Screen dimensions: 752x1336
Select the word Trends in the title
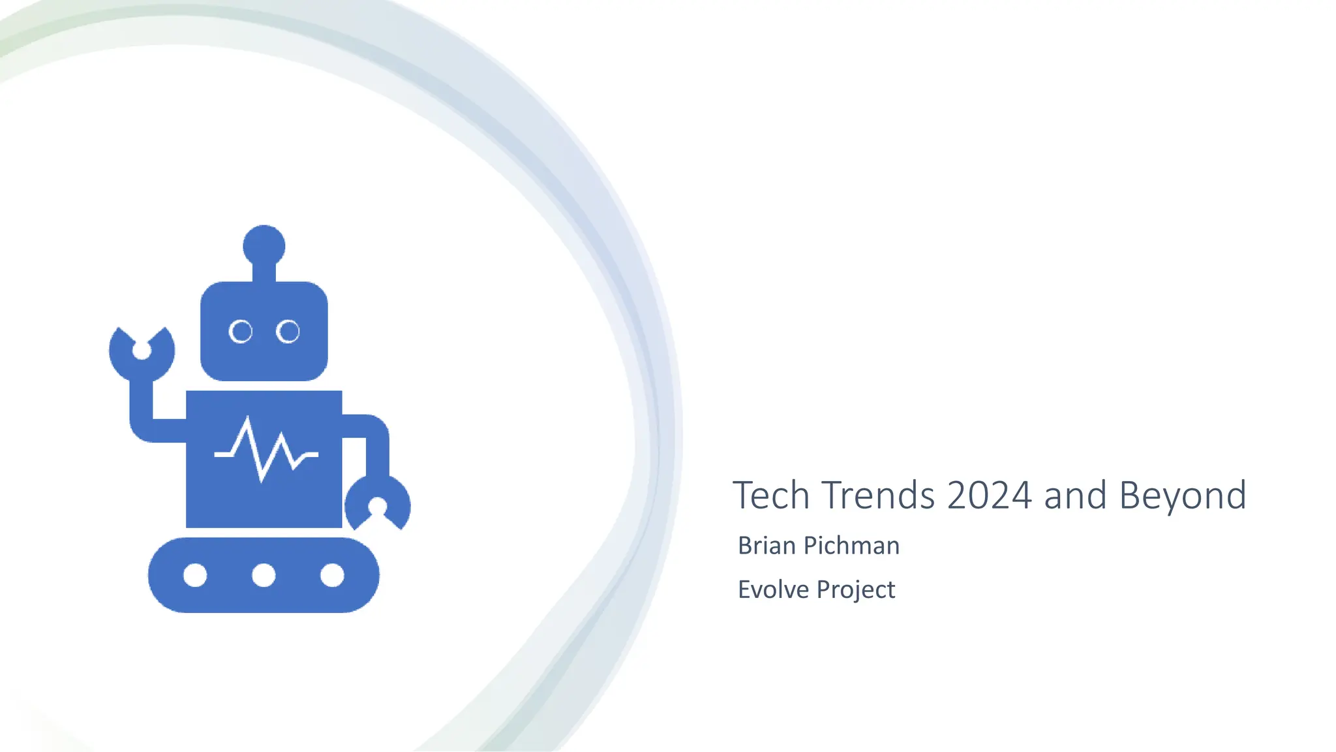[x=878, y=495]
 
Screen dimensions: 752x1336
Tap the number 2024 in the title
[x=989, y=495]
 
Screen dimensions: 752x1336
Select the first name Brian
[x=766, y=546]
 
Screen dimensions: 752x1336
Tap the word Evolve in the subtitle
[x=774, y=589]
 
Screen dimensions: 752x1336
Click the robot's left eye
[x=241, y=332]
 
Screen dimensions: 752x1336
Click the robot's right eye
[x=288, y=332]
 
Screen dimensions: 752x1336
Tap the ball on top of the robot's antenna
[x=264, y=246]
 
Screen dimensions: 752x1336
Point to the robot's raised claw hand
[x=142, y=352]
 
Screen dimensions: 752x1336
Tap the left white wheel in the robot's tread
[x=195, y=575]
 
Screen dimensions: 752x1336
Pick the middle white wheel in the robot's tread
[x=264, y=575]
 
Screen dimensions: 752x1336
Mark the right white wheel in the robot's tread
[x=332, y=575]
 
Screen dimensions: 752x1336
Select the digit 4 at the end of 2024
[x=1021, y=495]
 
